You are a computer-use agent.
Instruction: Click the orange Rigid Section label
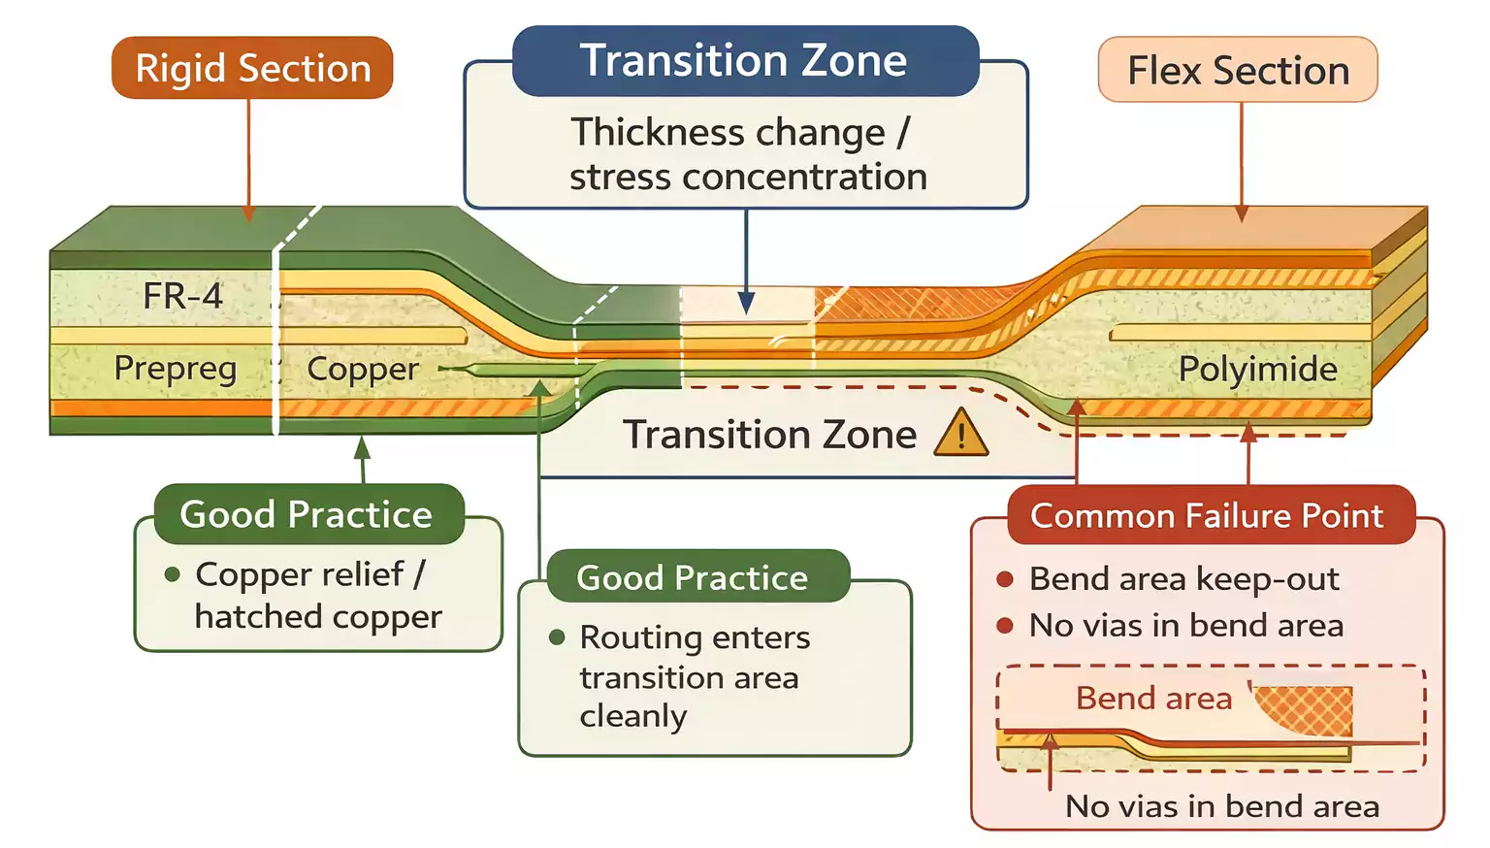252,68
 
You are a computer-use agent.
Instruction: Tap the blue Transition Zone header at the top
744,61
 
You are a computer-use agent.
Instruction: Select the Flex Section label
1238,70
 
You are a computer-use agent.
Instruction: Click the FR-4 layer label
182,295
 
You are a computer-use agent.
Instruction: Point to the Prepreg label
175,369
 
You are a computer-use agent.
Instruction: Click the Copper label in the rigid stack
363,369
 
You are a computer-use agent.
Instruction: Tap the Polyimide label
1257,369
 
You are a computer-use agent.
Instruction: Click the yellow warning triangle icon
960,434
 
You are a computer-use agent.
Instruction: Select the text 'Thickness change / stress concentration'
746,154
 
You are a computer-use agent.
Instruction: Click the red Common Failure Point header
1207,515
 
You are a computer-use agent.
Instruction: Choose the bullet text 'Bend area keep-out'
1183,578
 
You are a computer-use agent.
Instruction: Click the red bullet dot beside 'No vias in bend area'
1005,626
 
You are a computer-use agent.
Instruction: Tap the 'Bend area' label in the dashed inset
1153,698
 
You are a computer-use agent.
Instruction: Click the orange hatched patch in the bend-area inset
1310,709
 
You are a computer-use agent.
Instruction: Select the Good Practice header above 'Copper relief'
306,514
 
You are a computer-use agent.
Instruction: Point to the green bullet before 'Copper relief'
173,574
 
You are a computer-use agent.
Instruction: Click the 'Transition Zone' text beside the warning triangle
769,434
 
